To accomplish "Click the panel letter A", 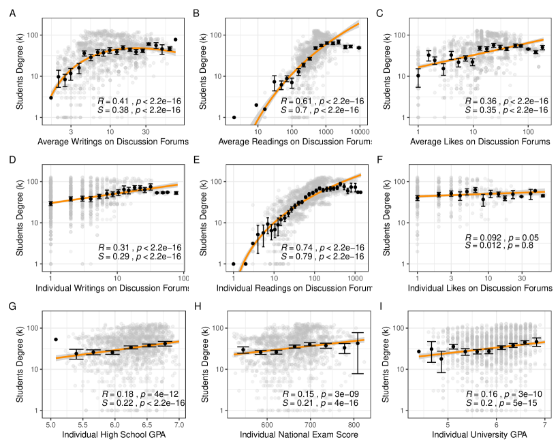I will coord(14,13).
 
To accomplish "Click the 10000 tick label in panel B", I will coord(359,131).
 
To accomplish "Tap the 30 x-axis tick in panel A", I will coord(145,131).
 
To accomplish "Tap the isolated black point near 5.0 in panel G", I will coord(56,339).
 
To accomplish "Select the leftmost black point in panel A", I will coord(51,97).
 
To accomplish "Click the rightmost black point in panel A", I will coord(175,39).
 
